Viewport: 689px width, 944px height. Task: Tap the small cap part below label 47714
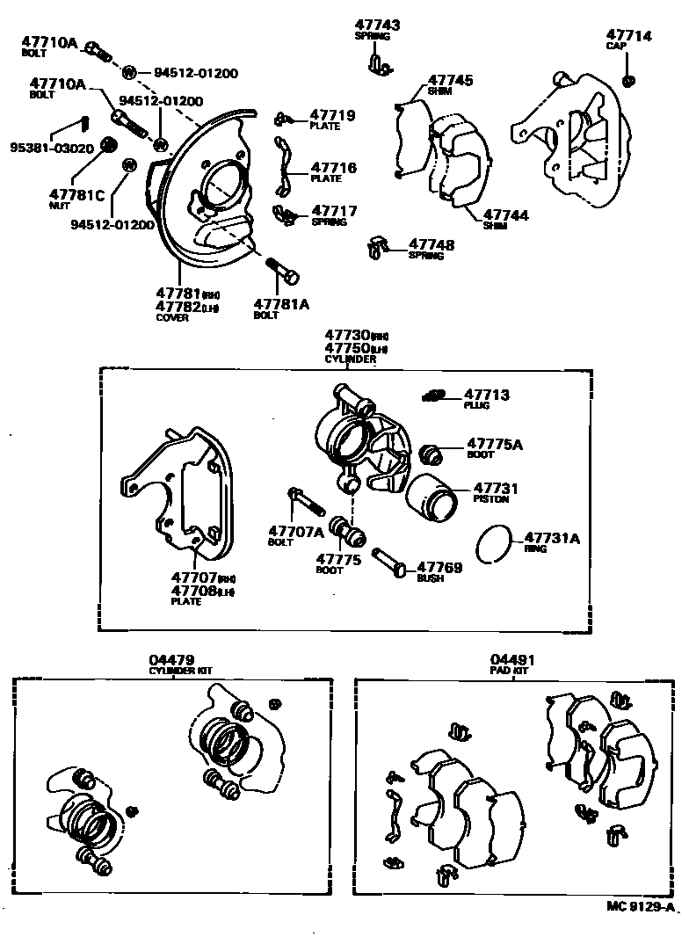629,81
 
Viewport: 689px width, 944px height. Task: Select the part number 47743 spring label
377,25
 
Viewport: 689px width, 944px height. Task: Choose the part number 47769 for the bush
439,568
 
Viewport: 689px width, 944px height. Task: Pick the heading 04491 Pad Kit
513,659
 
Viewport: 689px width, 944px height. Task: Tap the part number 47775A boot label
494,444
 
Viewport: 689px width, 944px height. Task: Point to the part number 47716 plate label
333,167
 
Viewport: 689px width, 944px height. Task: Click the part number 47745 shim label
450,80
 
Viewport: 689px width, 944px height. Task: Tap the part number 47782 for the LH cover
178,306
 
